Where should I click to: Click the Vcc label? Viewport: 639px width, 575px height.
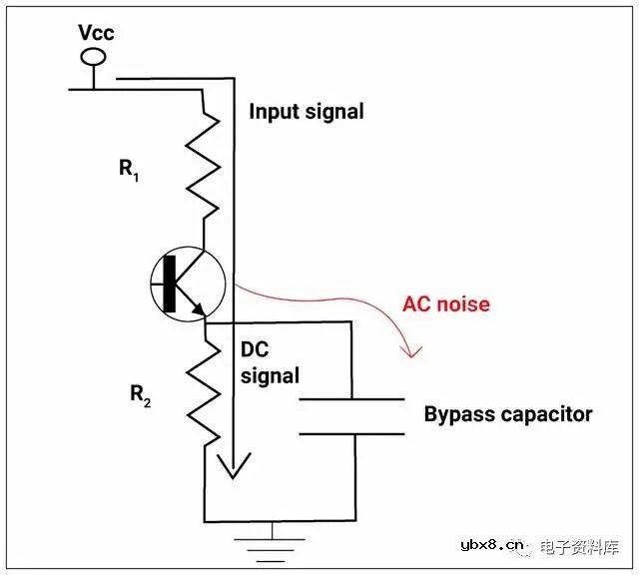click(97, 33)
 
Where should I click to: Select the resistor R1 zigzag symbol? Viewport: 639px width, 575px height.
click(205, 164)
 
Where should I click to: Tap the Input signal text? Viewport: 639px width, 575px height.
click(306, 111)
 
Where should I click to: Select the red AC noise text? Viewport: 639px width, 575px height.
click(445, 303)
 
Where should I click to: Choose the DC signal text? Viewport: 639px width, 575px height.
click(270, 363)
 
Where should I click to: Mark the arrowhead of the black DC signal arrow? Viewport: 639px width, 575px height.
click(233, 466)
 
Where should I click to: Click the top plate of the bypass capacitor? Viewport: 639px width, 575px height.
click(352, 400)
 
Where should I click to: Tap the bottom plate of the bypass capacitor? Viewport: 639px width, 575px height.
click(352, 433)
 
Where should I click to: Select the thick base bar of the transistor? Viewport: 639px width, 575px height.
click(170, 285)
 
